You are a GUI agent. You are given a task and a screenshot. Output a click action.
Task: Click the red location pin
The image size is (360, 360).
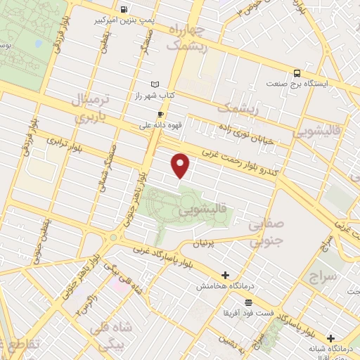(181, 165)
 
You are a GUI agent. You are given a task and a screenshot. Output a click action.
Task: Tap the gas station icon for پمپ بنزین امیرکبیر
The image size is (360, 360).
(124, 10)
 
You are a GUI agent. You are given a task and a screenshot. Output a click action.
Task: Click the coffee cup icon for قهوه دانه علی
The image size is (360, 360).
(161, 115)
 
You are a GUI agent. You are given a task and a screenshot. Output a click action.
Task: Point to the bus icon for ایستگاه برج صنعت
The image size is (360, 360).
(297, 72)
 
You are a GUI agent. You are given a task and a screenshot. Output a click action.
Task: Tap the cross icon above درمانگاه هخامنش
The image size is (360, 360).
(224, 275)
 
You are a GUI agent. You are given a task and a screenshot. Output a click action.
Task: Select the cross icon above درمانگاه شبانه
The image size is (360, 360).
(330, 337)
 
